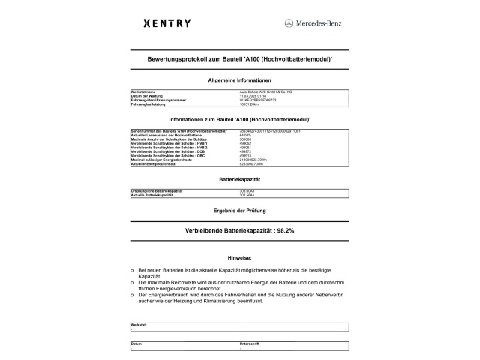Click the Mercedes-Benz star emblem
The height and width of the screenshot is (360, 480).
point(289,23)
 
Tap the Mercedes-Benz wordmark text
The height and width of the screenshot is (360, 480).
point(318,23)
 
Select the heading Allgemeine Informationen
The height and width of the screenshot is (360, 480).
point(239,79)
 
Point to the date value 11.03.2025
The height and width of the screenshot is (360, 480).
point(252,96)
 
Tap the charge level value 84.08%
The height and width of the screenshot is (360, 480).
point(244,135)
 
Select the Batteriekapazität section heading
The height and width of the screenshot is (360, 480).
point(239,181)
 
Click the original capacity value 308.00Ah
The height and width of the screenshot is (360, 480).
point(247,192)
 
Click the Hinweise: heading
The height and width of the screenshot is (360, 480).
point(239,257)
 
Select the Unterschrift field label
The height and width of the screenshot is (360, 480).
point(249,343)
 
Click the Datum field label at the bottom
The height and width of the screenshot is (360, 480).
point(136,343)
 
